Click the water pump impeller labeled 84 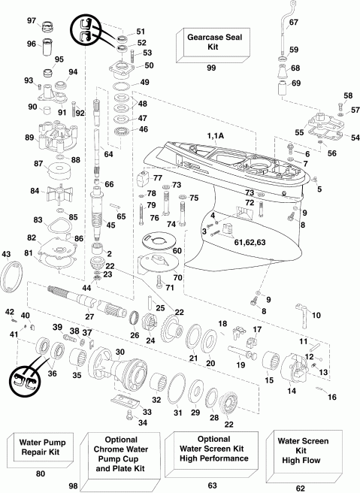(53, 195)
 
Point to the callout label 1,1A (222, 135)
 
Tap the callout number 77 (159, 178)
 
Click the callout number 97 (32, 20)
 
